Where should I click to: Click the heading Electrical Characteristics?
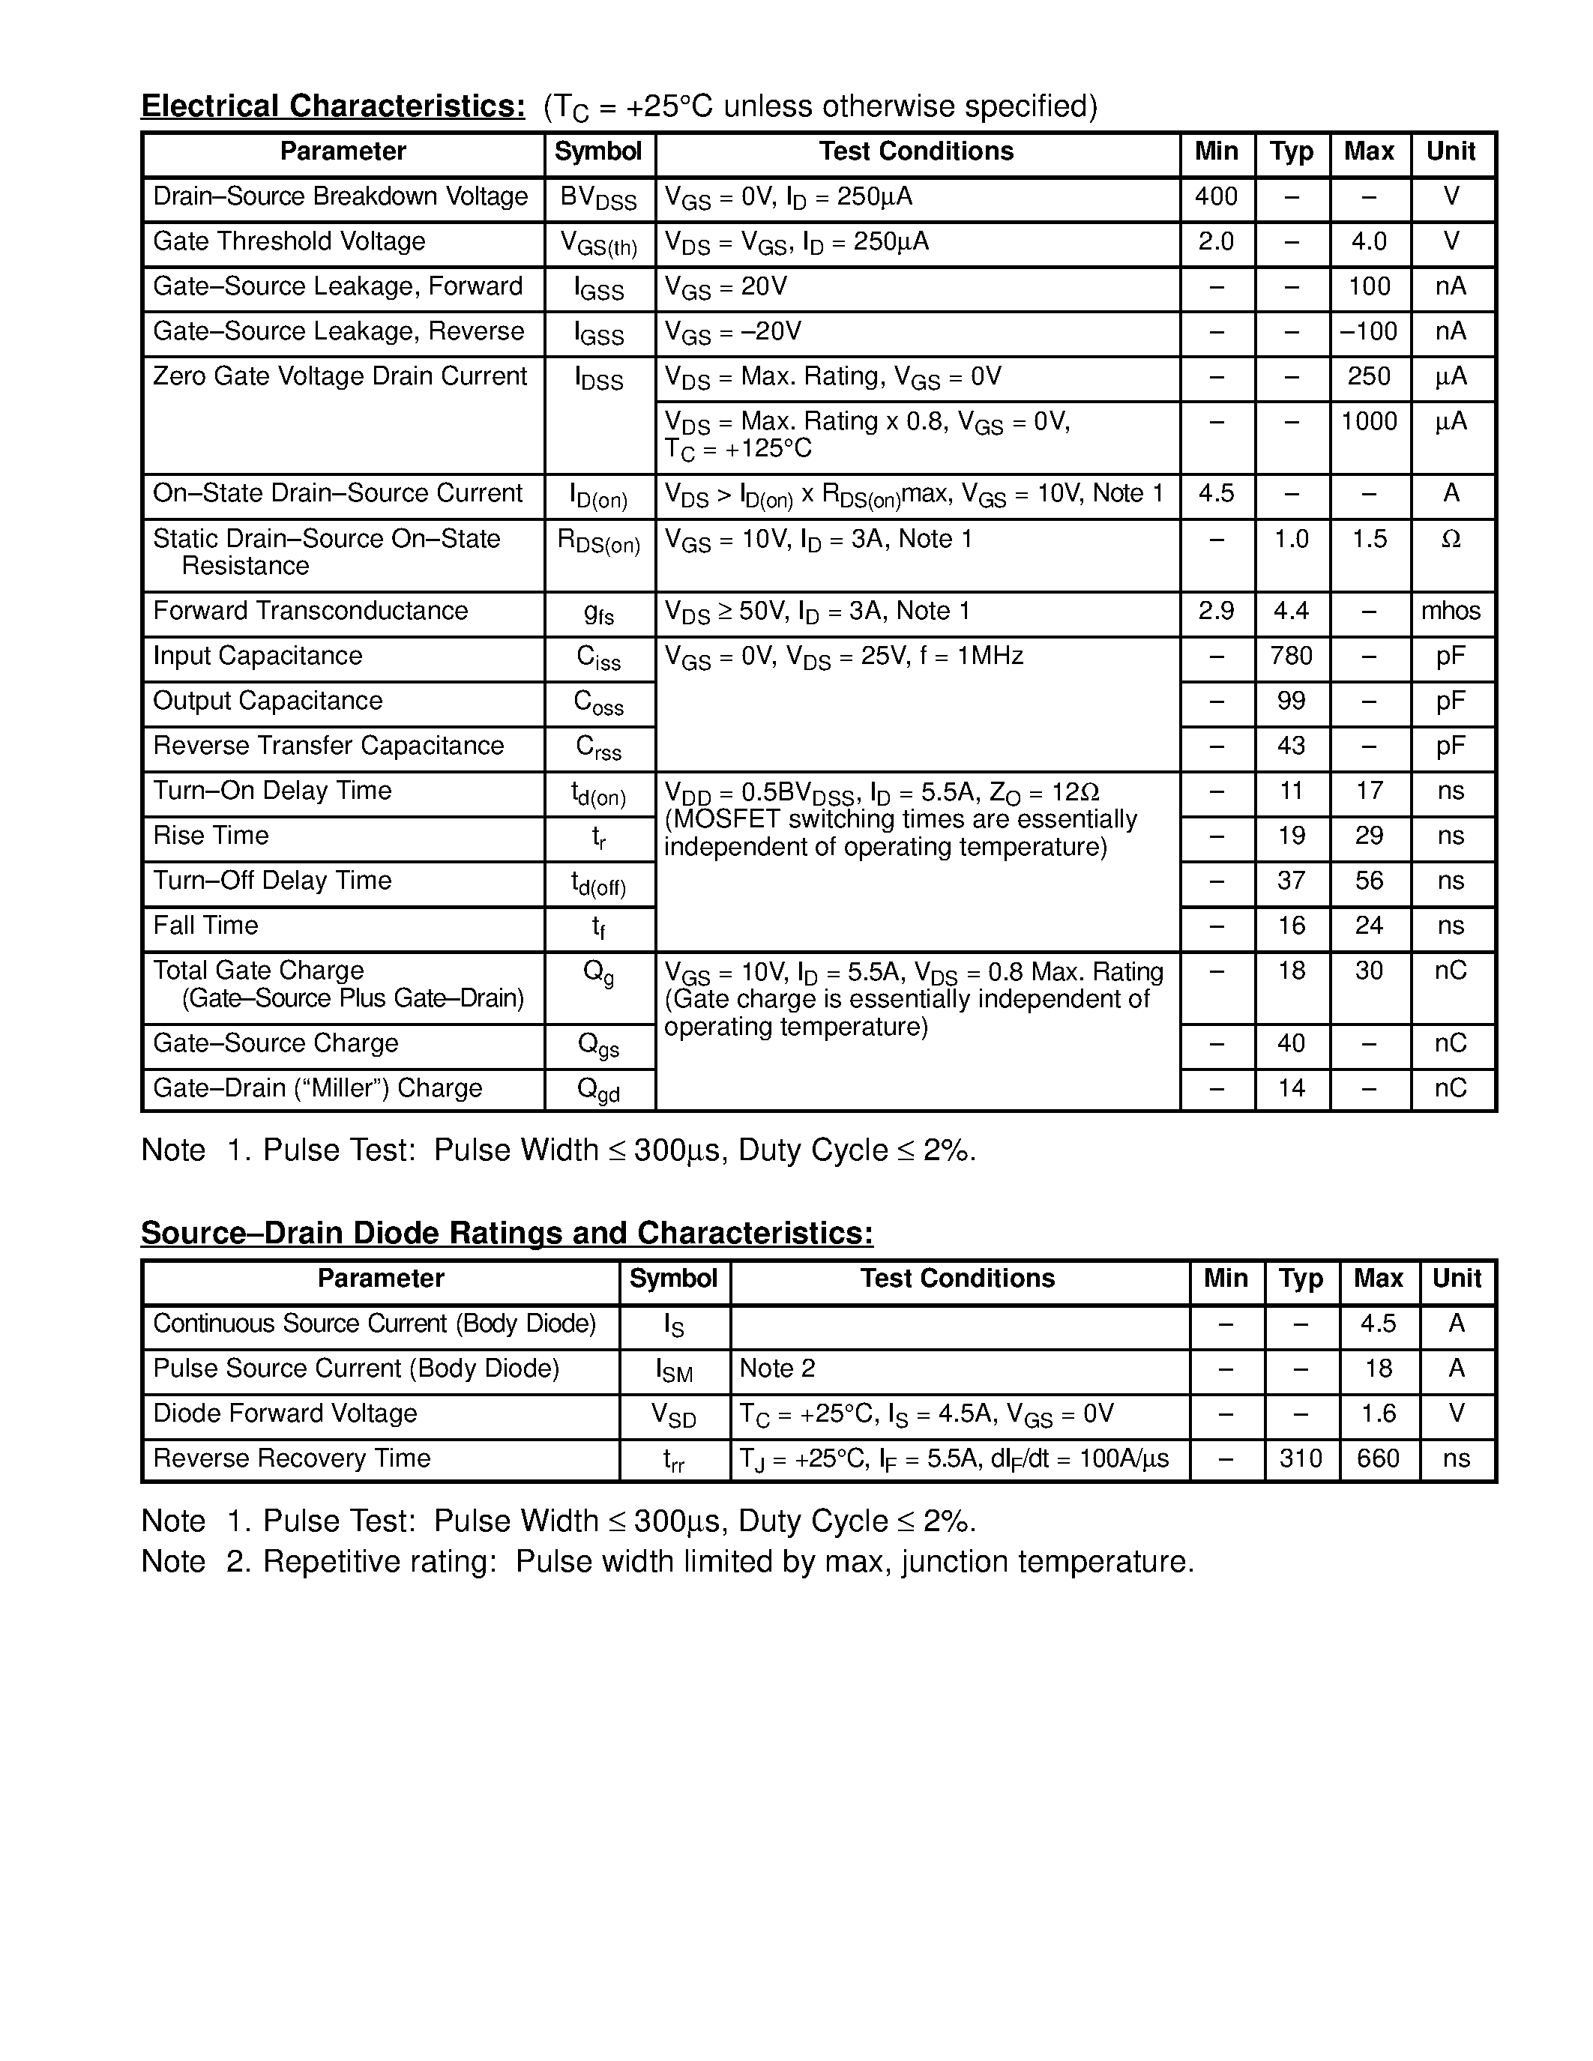pyautogui.click(x=333, y=106)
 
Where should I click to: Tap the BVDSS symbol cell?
pyautogui.click(x=598, y=199)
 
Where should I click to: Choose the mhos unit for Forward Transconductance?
pyautogui.click(x=1451, y=612)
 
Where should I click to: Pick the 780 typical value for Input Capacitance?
pyautogui.click(x=1291, y=656)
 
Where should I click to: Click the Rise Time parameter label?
pyautogui.click(x=211, y=836)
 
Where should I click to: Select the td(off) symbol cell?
pyautogui.click(x=598, y=884)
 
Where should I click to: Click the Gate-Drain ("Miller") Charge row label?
pyautogui.click(x=317, y=1089)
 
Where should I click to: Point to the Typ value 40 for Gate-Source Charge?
pyautogui.click(x=1291, y=1044)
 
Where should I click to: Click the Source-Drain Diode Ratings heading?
pyautogui.click(x=507, y=1234)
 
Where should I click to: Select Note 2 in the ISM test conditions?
pyautogui.click(x=777, y=1369)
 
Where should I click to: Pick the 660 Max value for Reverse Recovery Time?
pyautogui.click(x=1378, y=1459)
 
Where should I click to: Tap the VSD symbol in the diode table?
pyautogui.click(x=674, y=1416)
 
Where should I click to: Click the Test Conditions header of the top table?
pyautogui.click(x=915, y=152)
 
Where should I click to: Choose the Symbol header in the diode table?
pyautogui.click(x=673, y=1279)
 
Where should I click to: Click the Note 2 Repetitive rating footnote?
pyautogui.click(x=667, y=1562)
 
